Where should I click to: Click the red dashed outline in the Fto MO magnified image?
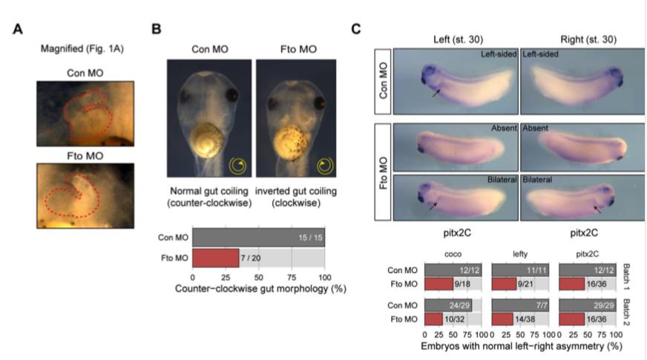coord(70,195)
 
